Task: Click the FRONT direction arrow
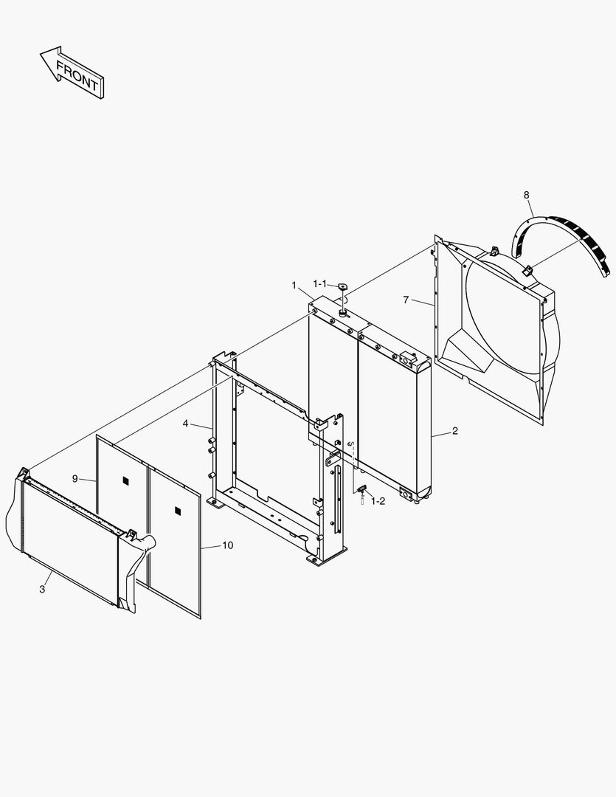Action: [x=72, y=72]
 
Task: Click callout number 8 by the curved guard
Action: [x=526, y=195]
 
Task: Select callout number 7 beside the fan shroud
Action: [x=406, y=300]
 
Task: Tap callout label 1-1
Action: [x=321, y=283]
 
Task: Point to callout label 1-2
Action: [x=378, y=500]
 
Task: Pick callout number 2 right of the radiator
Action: [x=454, y=431]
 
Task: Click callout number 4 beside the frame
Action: [x=186, y=424]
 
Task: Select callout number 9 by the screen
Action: [x=75, y=478]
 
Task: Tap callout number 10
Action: [x=227, y=545]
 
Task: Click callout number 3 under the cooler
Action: [x=42, y=589]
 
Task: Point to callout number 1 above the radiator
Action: [x=294, y=285]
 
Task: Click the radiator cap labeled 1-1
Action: [x=343, y=286]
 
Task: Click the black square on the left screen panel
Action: [x=125, y=481]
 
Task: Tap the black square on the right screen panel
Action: [x=177, y=510]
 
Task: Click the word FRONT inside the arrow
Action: [x=77, y=75]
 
